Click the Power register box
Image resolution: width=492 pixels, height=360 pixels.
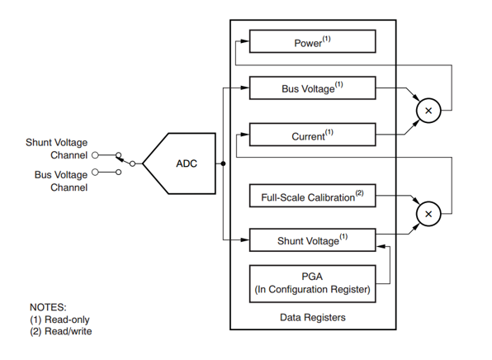click(x=313, y=41)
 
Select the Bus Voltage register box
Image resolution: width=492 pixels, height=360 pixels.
click(x=313, y=88)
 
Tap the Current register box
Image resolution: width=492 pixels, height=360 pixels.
click(x=313, y=135)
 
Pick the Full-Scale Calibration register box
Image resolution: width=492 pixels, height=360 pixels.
click(x=313, y=196)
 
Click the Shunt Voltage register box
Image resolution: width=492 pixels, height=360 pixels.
click(x=313, y=240)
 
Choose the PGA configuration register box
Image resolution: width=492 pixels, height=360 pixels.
click(x=313, y=284)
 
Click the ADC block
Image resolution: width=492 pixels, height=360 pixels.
click(x=179, y=163)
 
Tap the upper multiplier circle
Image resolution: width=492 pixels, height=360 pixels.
click(x=428, y=111)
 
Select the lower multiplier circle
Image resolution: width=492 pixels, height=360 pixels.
click(x=428, y=214)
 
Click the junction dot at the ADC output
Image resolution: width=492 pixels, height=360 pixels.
click(x=223, y=163)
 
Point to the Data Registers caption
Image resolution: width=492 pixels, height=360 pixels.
click(x=313, y=317)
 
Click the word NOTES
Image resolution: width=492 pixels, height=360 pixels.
click(x=48, y=307)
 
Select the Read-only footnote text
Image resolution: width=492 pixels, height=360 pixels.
click(x=59, y=320)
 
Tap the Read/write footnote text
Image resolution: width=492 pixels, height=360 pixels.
click(x=61, y=331)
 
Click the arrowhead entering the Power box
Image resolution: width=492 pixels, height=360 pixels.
click(x=244, y=40)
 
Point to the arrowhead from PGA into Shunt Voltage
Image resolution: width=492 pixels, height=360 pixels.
click(x=381, y=246)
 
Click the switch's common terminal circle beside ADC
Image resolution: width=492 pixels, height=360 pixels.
click(x=132, y=163)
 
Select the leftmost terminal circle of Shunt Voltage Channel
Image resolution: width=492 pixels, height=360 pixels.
click(x=95, y=154)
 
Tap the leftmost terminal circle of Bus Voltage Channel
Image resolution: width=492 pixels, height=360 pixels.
click(x=95, y=172)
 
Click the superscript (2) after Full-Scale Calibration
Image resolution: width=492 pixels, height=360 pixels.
click(x=360, y=192)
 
